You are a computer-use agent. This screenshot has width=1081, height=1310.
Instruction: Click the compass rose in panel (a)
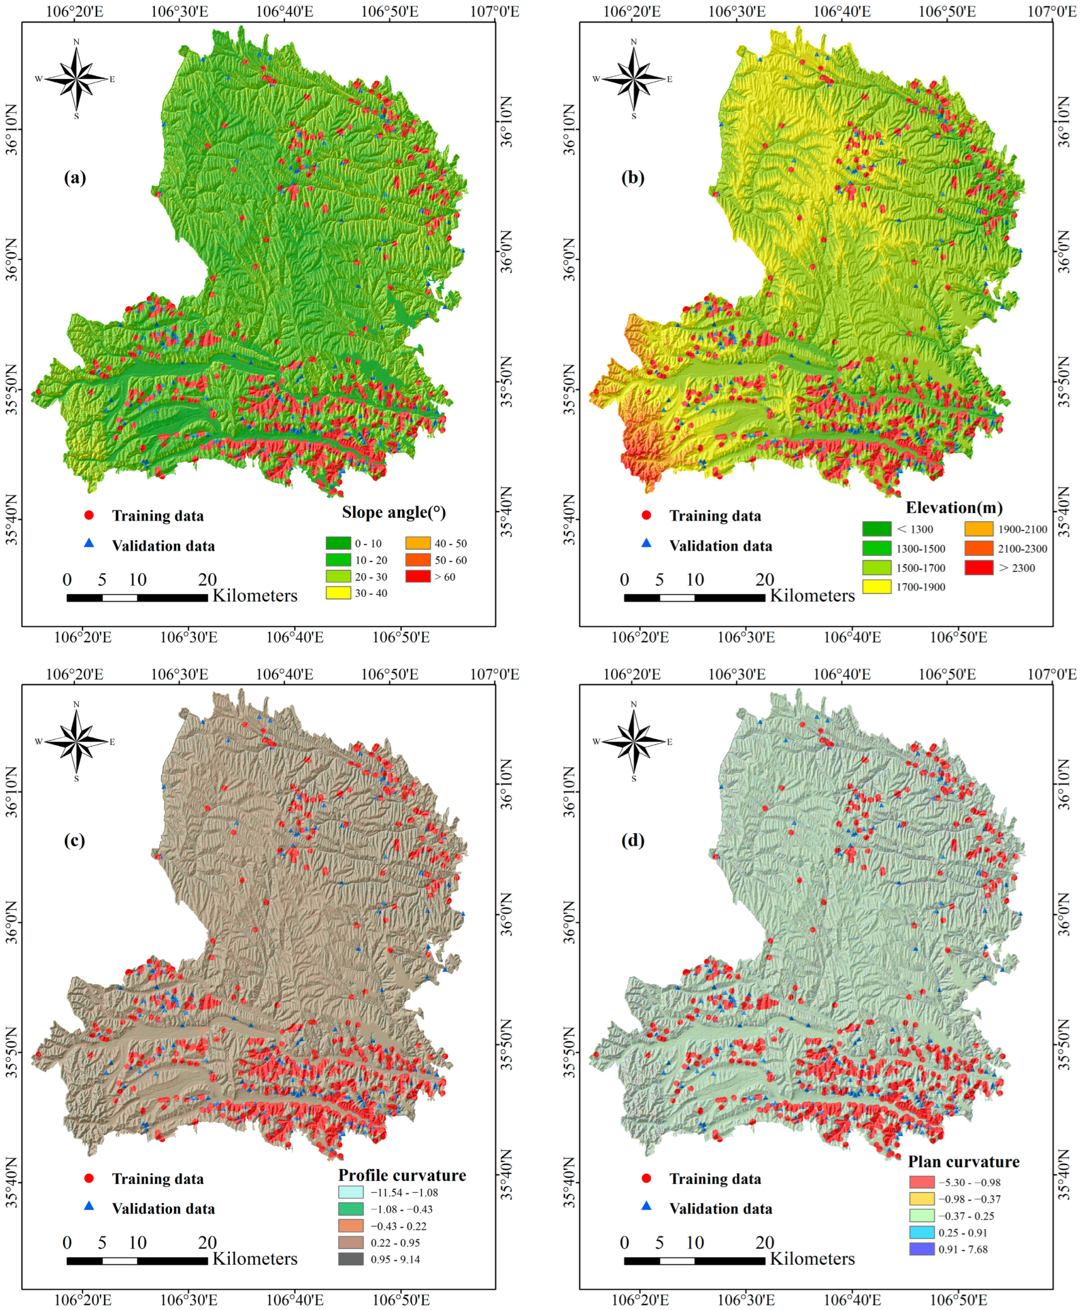tap(76, 79)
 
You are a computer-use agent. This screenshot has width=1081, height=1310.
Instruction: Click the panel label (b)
tap(633, 178)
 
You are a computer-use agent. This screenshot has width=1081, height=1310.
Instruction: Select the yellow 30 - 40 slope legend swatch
tap(338, 593)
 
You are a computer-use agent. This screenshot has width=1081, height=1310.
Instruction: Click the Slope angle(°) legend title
tap(394, 512)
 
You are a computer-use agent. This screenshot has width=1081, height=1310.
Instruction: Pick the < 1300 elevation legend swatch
tap(876, 529)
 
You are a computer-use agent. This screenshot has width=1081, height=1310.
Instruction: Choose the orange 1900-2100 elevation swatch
tap(978, 529)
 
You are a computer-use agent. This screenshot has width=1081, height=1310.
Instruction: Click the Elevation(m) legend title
tap(954, 508)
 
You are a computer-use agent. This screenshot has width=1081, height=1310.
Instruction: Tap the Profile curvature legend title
tap(402, 1175)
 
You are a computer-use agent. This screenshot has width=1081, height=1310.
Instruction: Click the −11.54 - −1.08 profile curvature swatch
tap(351, 1192)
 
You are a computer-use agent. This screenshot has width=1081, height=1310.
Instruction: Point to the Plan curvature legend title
tap(963, 1161)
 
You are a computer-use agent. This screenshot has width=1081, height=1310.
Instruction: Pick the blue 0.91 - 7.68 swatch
tap(921, 1249)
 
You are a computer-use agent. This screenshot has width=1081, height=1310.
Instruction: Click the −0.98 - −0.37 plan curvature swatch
tap(921, 1198)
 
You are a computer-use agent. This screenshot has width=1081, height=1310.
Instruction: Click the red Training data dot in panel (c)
tap(89, 1178)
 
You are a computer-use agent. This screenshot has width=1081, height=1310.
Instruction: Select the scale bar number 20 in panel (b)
tap(764, 579)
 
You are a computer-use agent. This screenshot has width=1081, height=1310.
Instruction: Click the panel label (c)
tap(74, 840)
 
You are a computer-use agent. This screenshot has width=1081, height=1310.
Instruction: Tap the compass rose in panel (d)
tap(634, 741)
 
